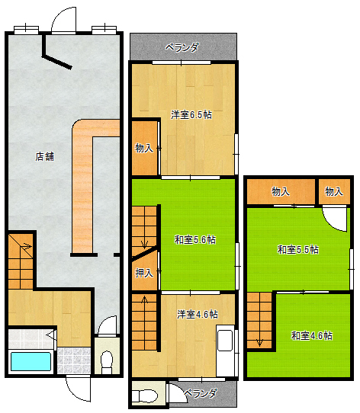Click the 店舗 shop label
pyautogui.click(x=45, y=156)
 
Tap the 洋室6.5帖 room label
pyautogui.click(x=191, y=115)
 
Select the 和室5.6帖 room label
pyautogui.click(x=195, y=240)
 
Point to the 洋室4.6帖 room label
pyautogui.click(x=198, y=314)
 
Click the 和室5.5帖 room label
pyautogui.click(x=298, y=249)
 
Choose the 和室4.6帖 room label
pyautogui.click(x=311, y=336)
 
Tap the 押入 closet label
pyautogui.click(x=144, y=273)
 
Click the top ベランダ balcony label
pyautogui.click(x=182, y=47)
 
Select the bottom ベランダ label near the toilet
pyautogui.click(x=201, y=393)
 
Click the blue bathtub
pyautogui.click(x=31, y=361)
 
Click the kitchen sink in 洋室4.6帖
pyautogui.click(x=225, y=341)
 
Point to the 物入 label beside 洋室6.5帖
pyautogui.click(x=144, y=148)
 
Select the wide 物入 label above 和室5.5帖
pyautogui.click(x=281, y=191)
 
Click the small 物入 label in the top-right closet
pyautogui.click(x=334, y=191)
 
